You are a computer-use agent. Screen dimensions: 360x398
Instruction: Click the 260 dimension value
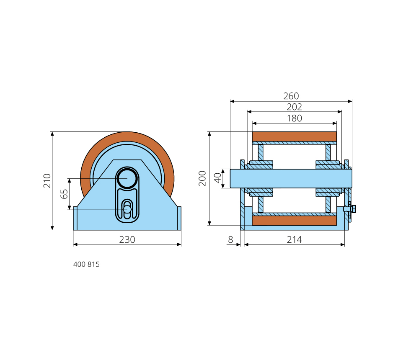click(291, 96)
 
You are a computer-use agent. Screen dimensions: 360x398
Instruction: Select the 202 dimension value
click(294, 107)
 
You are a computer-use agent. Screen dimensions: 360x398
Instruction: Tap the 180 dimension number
click(294, 118)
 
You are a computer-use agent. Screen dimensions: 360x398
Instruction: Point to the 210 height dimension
click(47, 180)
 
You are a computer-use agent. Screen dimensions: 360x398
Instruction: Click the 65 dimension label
click(65, 194)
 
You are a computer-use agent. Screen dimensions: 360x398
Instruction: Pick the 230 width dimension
click(127, 239)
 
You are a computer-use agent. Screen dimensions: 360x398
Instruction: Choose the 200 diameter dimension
click(202, 178)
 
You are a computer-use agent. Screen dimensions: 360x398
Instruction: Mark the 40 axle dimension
click(217, 178)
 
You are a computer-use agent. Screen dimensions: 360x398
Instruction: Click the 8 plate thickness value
click(230, 240)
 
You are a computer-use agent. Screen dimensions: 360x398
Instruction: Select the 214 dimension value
click(294, 240)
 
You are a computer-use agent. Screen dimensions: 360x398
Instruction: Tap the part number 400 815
click(86, 265)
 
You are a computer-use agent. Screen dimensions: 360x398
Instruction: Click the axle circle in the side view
click(127, 179)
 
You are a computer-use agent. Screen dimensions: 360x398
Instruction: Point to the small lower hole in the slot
click(127, 209)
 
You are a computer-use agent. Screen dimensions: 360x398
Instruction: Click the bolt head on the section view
click(352, 208)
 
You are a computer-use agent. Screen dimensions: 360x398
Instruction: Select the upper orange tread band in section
click(294, 136)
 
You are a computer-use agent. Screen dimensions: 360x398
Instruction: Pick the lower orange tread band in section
click(294, 221)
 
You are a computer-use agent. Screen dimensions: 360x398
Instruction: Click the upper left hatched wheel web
click(261, 152)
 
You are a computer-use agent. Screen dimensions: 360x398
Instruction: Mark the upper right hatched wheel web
click(328, 152)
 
